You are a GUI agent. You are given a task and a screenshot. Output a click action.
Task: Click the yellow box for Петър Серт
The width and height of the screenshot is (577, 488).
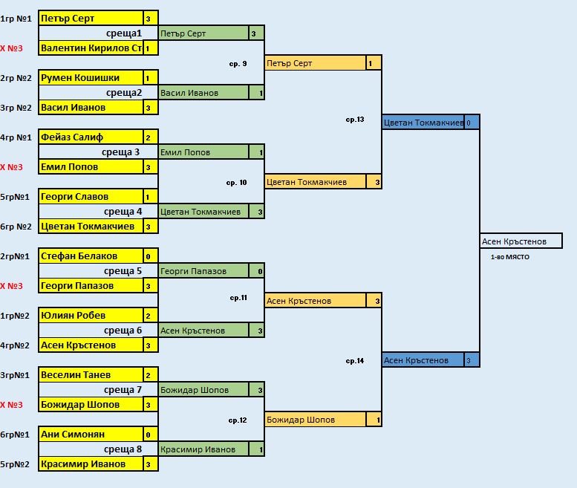click(90, 19)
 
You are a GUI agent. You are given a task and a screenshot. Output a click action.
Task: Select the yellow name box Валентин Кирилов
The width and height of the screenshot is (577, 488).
click(90, 48)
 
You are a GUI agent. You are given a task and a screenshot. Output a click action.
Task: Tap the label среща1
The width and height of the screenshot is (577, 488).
click(123, 33)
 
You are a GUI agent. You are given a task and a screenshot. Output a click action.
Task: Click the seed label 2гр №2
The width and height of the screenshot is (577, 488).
click(16, 78)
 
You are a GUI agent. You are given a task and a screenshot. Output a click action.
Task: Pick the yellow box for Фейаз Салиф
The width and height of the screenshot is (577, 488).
click(90, 137)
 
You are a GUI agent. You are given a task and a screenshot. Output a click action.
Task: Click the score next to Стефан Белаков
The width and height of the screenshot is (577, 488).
click(149, 256)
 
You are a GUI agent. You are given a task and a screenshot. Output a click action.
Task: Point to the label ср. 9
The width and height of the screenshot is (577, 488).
click(238, 64)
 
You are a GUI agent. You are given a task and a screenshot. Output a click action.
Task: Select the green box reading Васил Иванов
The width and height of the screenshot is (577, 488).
click(203, 93)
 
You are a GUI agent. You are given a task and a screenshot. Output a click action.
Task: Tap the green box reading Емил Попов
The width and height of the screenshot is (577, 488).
click(203, 152)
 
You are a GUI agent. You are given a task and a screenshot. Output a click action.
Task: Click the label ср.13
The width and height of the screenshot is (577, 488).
click(355, 120)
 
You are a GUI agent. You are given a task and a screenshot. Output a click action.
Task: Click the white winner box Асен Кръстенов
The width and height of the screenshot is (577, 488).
click(521, 241)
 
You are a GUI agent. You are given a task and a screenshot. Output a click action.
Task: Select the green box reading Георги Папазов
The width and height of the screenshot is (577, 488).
click(203, 271)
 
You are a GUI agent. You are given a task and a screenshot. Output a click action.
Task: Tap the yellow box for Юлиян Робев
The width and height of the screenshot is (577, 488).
click(90, 316)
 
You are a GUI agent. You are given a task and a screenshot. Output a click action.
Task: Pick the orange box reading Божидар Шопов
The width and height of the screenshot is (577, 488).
click(316, 420)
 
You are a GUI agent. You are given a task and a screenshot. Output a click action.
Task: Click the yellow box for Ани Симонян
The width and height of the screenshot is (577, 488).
click(90, 435)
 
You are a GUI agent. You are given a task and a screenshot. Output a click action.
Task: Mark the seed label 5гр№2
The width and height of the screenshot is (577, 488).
click(16, 464)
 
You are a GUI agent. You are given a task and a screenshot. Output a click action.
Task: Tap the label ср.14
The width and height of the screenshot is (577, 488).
click(355, 361)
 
